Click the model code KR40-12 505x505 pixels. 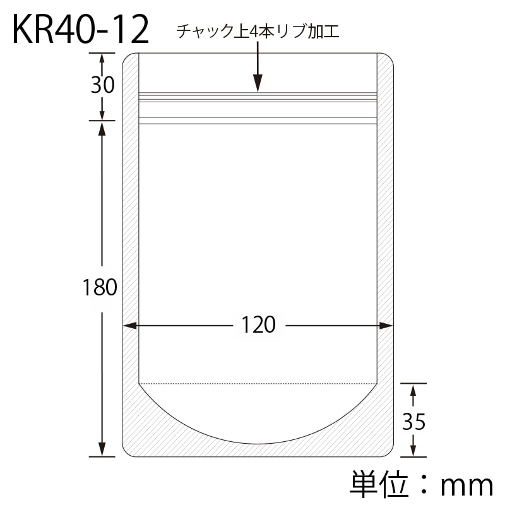point(81,30)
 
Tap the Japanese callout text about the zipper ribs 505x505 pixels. point(258,32)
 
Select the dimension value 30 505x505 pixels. point(102,85)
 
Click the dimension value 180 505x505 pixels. point(100,287)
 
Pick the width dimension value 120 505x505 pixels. point(258,325)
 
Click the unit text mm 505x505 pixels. point(466,486)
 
